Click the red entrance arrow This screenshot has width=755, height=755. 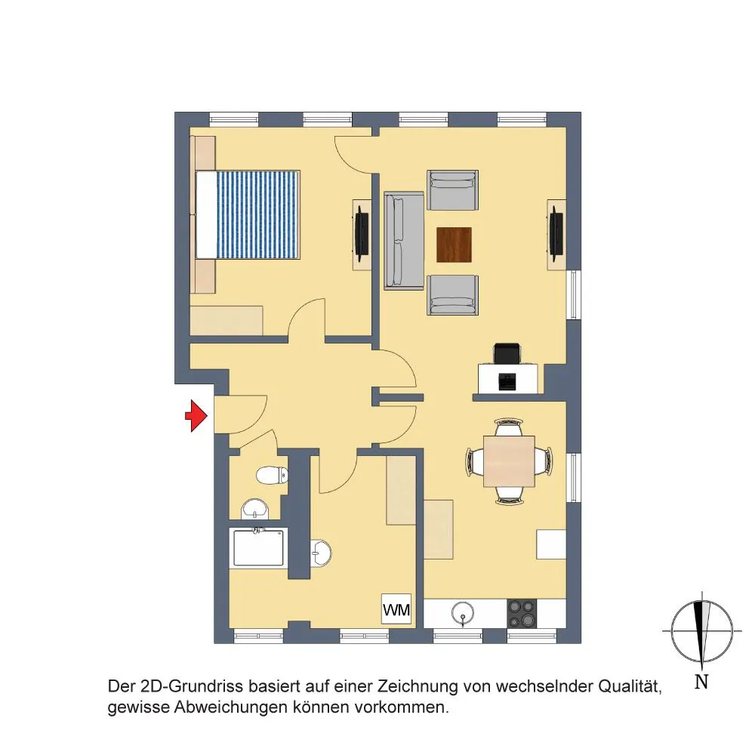click(196, 415)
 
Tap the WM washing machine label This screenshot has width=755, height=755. click(396, 609)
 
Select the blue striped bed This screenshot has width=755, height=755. click(248, 214)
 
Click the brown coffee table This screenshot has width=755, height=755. click(454, 245)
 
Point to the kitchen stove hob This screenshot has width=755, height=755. click(522, 613)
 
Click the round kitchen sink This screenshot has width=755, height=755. click(463, 613)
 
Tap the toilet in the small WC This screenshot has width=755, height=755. click(272, 476)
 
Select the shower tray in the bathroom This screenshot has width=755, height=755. click(258, 547)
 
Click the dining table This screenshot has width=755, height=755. click(509, 461)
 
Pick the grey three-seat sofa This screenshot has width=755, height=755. click(403, 241)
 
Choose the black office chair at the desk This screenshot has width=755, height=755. click(507, 354)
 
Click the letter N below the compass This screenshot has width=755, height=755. click(701, 682)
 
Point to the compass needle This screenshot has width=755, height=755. click(702, 631)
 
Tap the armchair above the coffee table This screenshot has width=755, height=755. click(452, 191)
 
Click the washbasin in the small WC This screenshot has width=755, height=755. click(254, 509)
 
